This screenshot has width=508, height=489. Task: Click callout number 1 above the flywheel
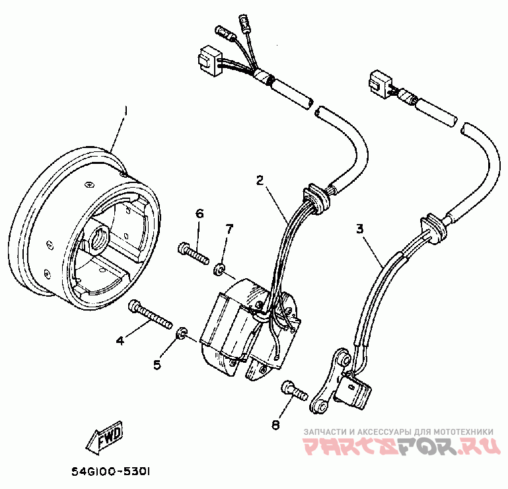pyautogui.click(x=126, y=108)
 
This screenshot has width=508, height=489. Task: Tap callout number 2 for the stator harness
pyautogui.click(x=260, y=180)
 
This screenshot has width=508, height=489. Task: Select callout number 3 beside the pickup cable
pyautogui.click(x=360, y=229)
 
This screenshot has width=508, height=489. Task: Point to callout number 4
pyautogui.click(x=120, y=341)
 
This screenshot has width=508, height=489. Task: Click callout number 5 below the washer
pyautogui.click(x=157, y=364)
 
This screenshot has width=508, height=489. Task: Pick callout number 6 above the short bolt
pyautogui.click(x=199, y=213)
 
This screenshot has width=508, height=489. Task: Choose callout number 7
pyautogui.click(x=229, y=229)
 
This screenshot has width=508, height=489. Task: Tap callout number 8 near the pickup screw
pyautogui.click(x=275, y=425)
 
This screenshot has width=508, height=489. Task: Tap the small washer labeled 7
pyautogui.click(x=218, y=269)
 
